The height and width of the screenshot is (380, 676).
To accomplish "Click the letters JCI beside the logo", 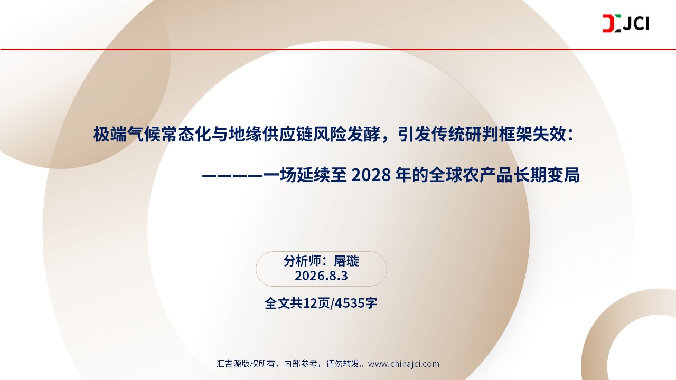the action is tap(636, 24).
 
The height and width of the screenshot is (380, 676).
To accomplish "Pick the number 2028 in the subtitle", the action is tap(371, 175).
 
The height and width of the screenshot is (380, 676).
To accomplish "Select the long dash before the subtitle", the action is tap(232, 176).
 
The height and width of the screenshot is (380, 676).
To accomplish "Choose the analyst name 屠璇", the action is tap(346, 261).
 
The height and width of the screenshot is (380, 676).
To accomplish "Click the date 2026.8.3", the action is tap(321, 275).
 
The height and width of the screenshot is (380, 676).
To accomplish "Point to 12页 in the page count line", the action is tap(316, 303).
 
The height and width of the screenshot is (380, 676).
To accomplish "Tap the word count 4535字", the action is tap(356, 303).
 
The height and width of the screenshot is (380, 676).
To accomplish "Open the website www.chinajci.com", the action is tap(403, 364).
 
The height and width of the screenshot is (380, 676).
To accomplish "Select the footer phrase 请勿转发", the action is tap(343, 364).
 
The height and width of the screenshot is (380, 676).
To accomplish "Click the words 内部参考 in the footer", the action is tap(301, 364).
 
